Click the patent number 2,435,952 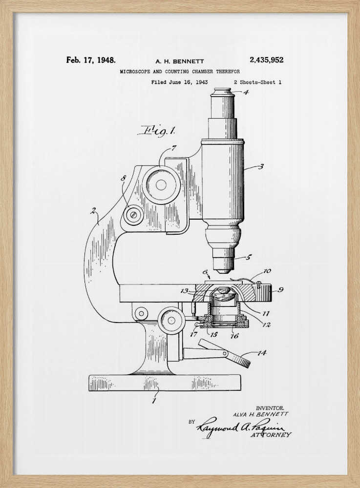coord(266,60)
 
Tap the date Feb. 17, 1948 coord(91,60)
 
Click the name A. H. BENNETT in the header coord(179,61)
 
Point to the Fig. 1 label coord(158,130)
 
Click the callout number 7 coord(173,148)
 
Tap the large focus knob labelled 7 coord(161,185)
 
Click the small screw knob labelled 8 coord(133,215)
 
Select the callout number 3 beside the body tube coord(261,166)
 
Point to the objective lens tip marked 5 coord(224,267)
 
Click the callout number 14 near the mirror coord(262,353)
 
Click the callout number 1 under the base coord(154,401)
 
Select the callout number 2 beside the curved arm coord(92,211)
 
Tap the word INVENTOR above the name coord(270,407)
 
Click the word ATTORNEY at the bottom coord(271,434)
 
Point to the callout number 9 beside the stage coord(280,289)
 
